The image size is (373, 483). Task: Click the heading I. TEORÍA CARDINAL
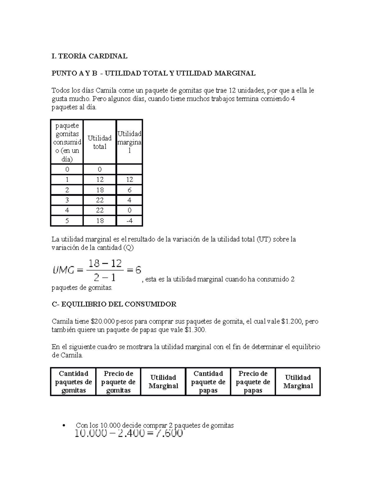89,56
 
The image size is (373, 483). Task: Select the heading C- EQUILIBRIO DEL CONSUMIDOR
114,304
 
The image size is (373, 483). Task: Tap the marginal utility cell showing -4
129,221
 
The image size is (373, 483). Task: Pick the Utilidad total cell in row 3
99,200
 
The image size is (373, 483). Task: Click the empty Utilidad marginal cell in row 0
129,170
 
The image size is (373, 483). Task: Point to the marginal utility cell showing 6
129,190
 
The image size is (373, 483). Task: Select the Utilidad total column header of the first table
99,142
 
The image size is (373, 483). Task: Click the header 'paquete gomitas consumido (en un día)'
67,142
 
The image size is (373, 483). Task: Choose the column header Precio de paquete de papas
253,382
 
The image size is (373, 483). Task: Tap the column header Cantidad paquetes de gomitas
73,382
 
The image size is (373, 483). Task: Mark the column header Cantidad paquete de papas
208,382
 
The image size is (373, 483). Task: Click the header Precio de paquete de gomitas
118,382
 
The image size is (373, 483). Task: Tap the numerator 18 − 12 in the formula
105,264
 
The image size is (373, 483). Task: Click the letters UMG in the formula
63,271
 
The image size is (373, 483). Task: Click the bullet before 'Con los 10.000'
63,426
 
